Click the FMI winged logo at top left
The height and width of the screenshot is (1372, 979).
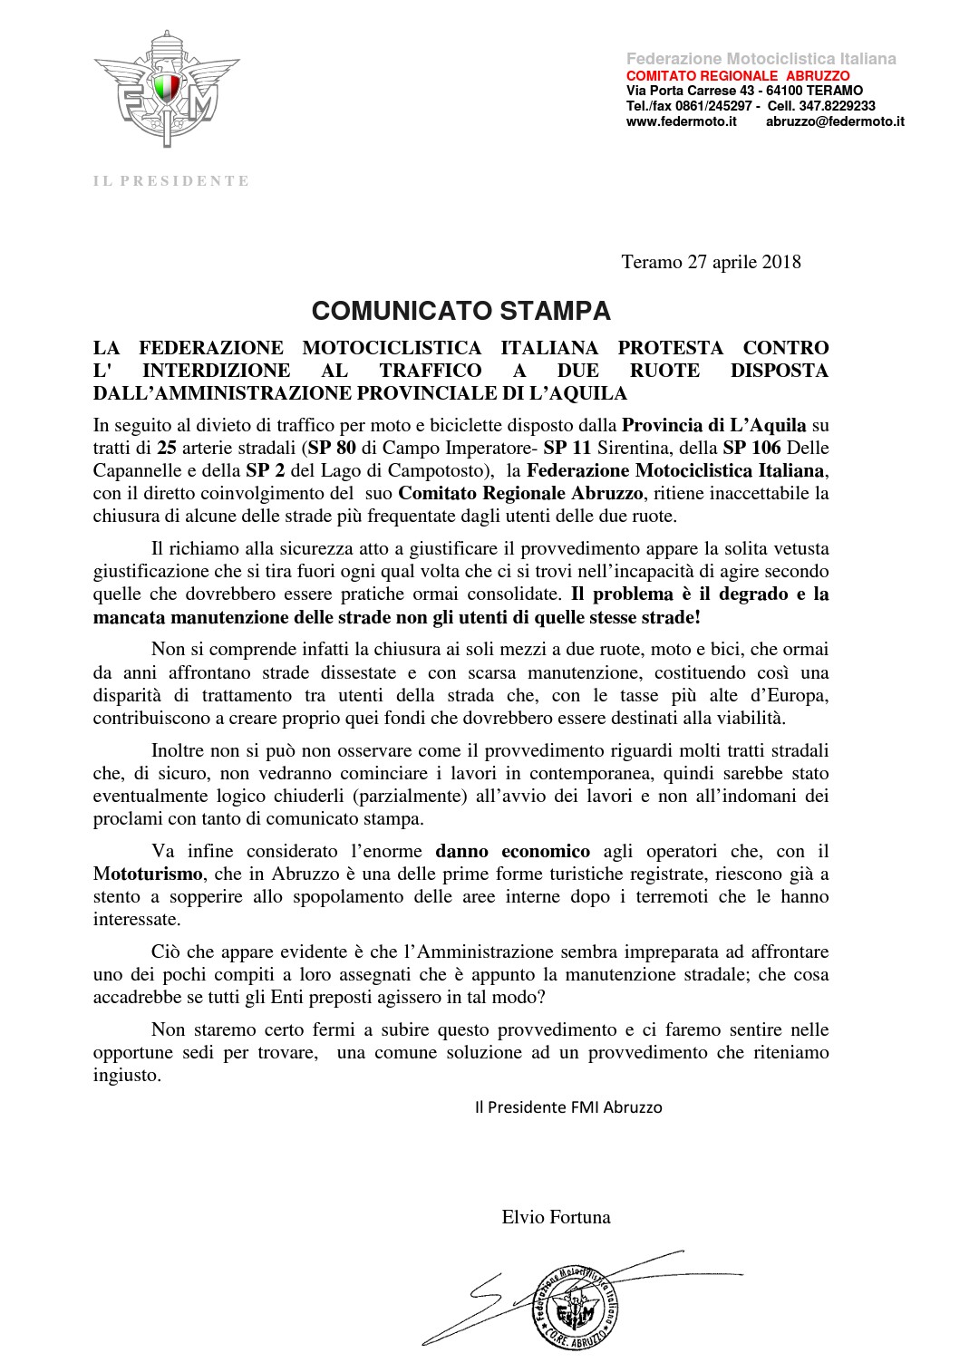(x=168, y=88)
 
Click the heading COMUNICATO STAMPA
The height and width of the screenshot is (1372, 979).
(x=460, y=312)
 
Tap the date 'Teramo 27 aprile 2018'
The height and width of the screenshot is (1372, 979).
(x=711, y=262)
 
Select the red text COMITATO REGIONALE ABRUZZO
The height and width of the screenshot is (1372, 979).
(x=738, y=75)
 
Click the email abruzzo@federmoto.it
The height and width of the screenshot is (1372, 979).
(x=834, y=121)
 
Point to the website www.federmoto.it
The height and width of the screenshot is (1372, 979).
(x=681, y=121)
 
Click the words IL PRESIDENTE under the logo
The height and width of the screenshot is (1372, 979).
(x=171, y=181)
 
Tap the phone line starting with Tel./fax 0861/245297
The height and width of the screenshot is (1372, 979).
(x=751, y=106)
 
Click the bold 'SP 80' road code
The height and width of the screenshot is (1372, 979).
(x=331, y=448)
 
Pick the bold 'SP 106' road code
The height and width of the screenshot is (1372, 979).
(x=749, y=448)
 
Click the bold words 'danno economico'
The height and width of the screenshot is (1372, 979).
(x=513, y=851)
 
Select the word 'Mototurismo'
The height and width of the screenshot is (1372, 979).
(x=149, y=874)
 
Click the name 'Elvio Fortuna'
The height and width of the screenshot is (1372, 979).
(x=556, y=1217)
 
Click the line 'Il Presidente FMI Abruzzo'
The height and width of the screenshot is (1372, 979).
(x=568, y=1107)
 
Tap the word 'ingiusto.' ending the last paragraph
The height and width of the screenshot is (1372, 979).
(x=128, y=1076)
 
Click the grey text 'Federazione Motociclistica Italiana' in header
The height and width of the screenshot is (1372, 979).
(x=761, y=59)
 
